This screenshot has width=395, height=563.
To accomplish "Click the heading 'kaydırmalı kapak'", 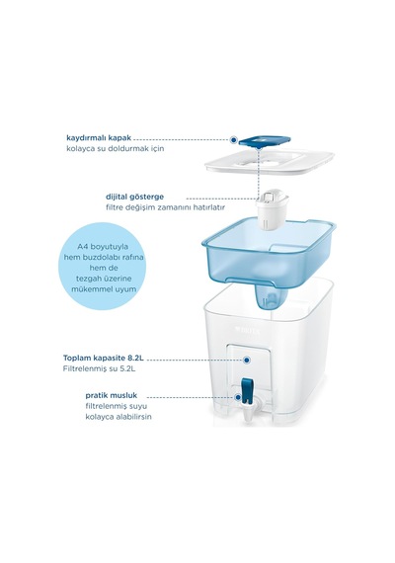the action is point(99,138).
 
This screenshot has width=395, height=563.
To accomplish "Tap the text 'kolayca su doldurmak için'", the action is point(116,148).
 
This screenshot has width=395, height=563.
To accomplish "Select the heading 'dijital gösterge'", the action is point(134,197).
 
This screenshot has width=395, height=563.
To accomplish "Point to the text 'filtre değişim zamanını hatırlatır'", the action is point(165,207).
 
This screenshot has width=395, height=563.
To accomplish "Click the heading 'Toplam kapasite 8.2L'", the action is point(104,358).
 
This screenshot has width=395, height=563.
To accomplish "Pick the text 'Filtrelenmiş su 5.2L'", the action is point(99,368).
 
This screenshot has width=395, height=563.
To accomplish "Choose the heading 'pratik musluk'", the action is point(112,396).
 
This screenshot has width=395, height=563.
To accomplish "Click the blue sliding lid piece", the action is point(265,141).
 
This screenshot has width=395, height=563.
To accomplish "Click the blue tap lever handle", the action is point(247,389).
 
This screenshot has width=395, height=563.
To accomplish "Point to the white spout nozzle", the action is point(250,412).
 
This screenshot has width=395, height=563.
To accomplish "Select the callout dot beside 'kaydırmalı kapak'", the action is point(233,139).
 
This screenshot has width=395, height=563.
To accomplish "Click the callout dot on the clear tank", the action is point(246,360).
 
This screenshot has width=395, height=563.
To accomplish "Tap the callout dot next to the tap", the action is point(238,397).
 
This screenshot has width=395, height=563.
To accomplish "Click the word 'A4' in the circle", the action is point(83,247).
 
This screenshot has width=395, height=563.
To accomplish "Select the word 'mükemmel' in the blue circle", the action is point(89,289).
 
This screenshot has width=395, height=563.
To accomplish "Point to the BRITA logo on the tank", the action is point(248,329).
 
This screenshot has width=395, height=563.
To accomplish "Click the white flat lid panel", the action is point(270,162).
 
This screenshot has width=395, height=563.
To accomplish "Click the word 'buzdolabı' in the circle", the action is point(103,258).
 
